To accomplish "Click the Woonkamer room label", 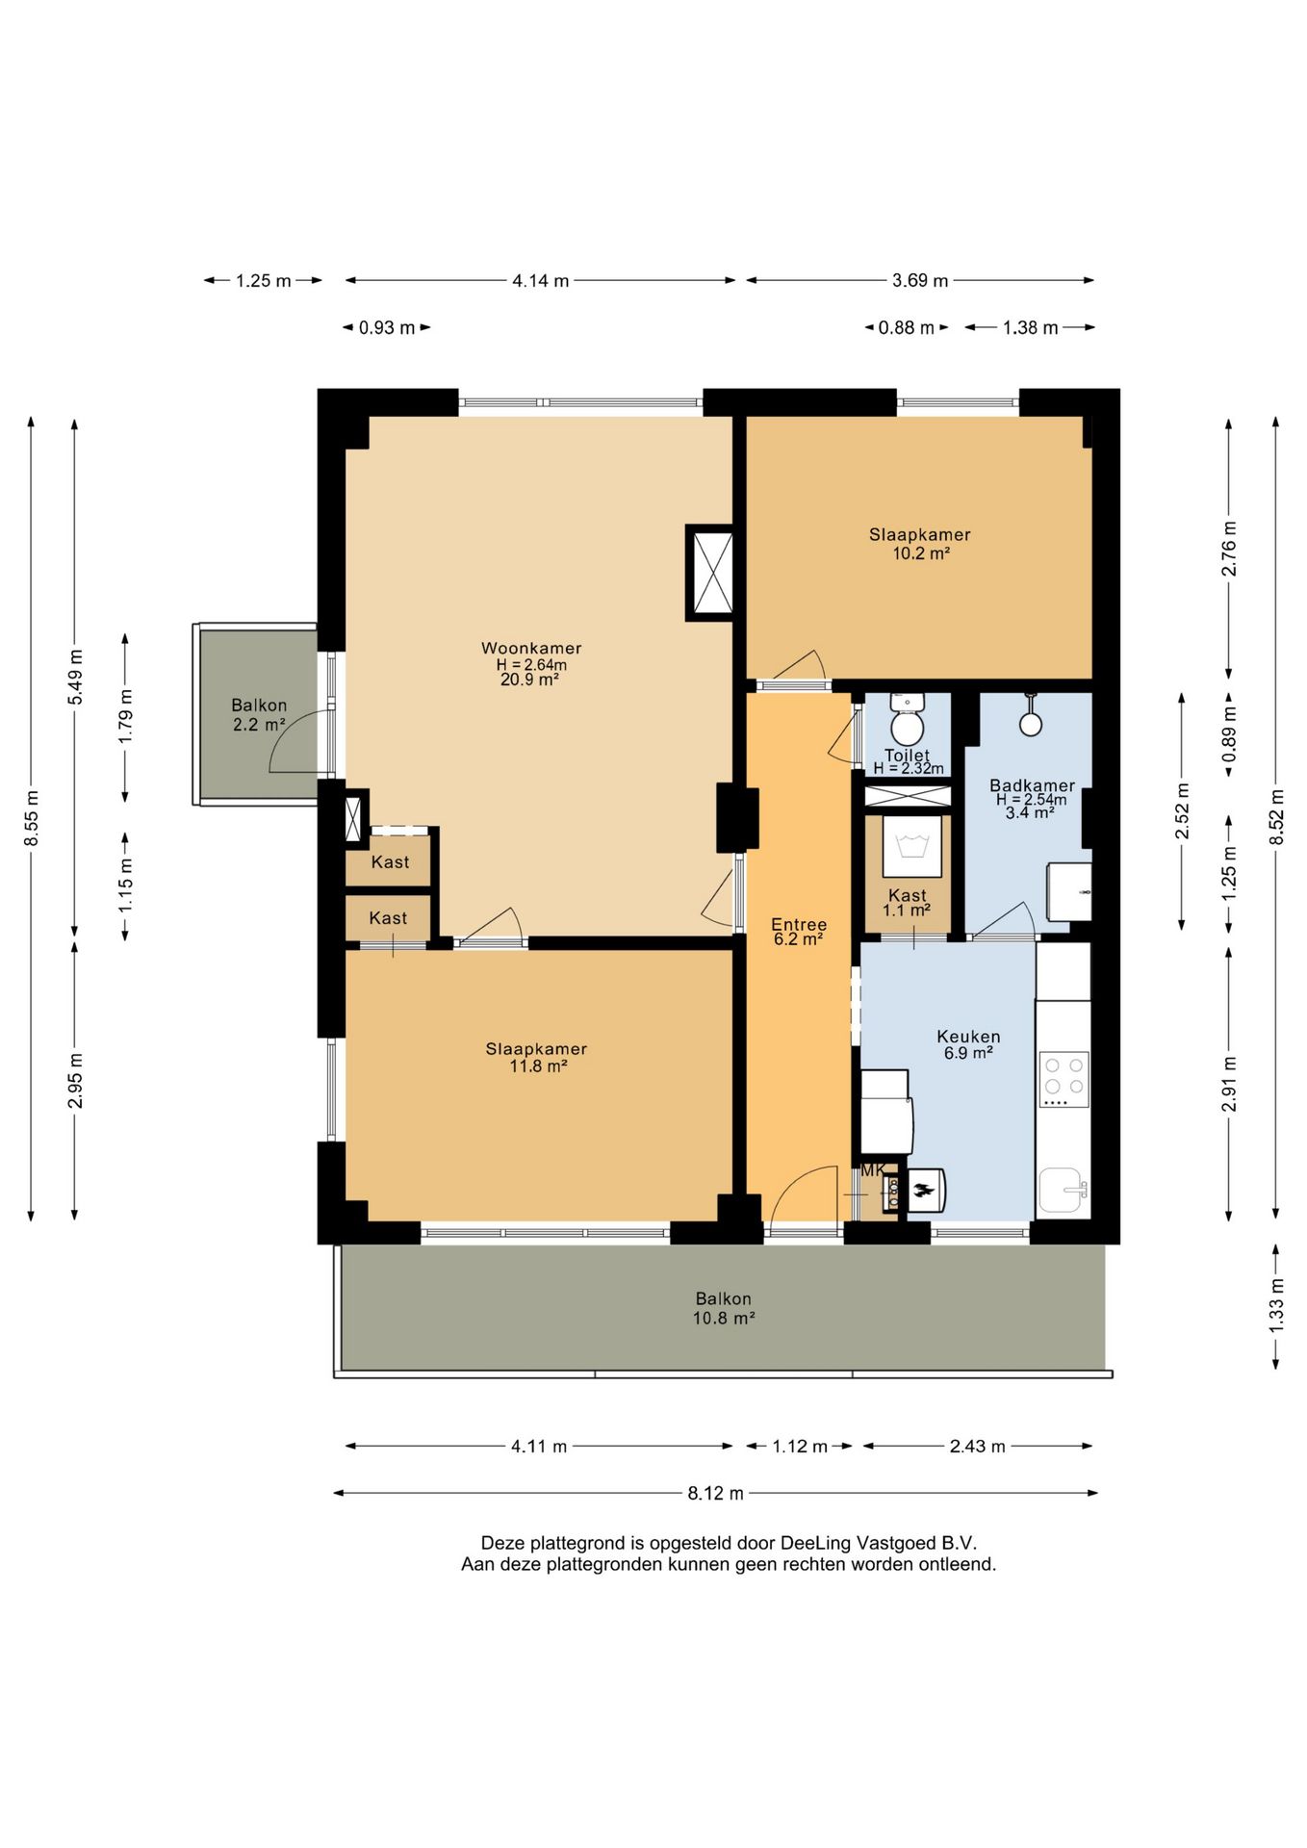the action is [x=531, y=648].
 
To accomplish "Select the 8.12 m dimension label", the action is [x=715, y=1493].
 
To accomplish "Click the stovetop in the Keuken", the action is [x=1064, y=1079].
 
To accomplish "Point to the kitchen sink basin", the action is [x=1062, y=1191].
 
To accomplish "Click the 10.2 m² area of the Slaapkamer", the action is [x=921, y=553].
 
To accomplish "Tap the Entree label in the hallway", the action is [x=799, y=924].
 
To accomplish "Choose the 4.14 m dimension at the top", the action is [x=541, y=281].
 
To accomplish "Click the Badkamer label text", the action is [x=1032, y=785].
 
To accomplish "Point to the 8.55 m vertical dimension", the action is [x=32, y=818].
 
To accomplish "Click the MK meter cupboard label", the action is [x=873, y=1170].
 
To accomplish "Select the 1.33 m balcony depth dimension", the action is [x=1276, y=1305].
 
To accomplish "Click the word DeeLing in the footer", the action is [x=815, y=1543].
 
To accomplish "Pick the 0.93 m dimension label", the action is [x=387, y=328].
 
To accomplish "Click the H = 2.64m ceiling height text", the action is [x=531, y=664].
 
